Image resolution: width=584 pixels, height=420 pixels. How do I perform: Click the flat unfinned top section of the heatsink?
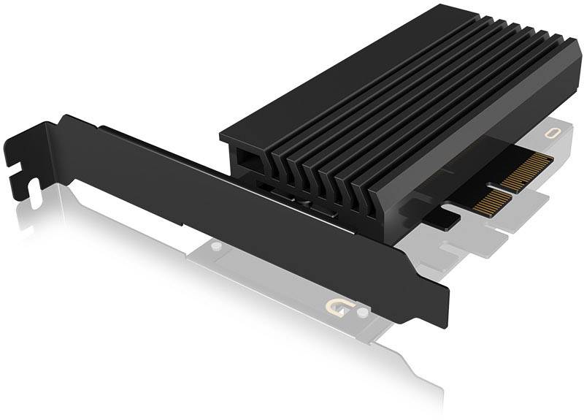coord(270,110)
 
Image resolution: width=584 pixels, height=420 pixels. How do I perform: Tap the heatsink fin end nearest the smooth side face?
coord(380,212)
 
